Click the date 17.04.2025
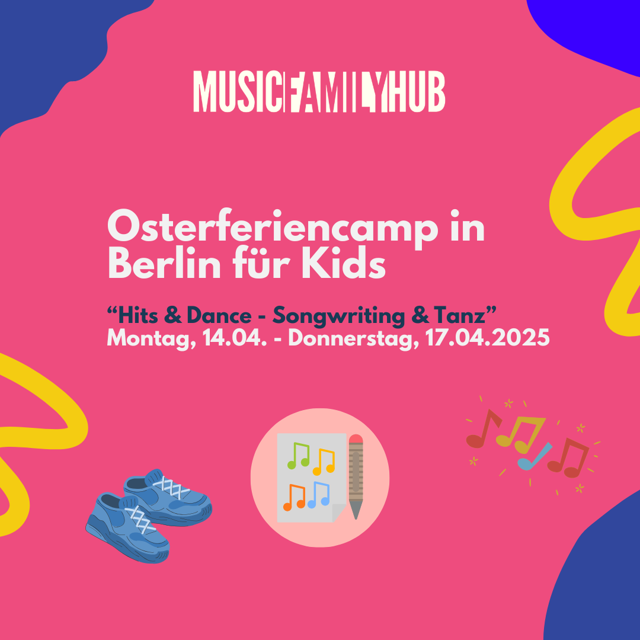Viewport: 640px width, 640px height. [x=487, y=338]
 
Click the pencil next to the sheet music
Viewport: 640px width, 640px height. [x=356, y=476]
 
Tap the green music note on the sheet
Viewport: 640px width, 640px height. [x=298, y=455]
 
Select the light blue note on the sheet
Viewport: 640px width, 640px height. [x=318, y=494]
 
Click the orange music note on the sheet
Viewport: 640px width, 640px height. [x=295, y=497]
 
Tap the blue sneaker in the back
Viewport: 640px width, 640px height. [x=168, y=497]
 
